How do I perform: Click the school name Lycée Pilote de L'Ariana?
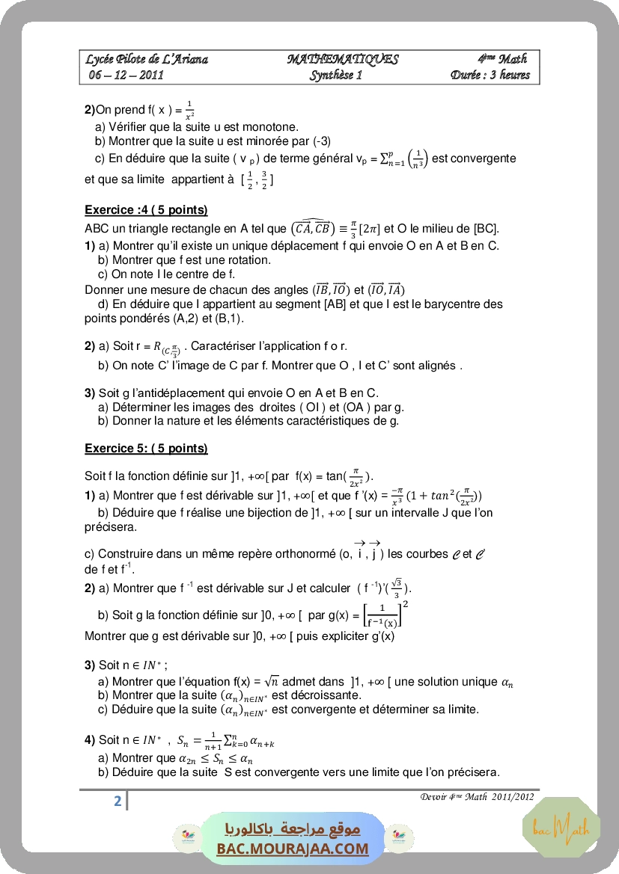[x=147, y=59]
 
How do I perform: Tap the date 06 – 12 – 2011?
[x=126, y=75]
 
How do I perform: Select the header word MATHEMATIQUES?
[x=342, y=59]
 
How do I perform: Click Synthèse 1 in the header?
[x=336, y=75]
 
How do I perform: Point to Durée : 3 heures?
[x=490, y=75]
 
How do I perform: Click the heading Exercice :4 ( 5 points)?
[x=146, y=210]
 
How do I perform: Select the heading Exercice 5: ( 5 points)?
[x=146, y=449]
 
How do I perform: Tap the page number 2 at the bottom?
[x=118, y=801]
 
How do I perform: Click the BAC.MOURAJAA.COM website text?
[x=293, y=848]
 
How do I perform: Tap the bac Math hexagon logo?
[x=561, y=826]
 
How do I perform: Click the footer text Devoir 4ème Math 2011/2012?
[x=477, y=796]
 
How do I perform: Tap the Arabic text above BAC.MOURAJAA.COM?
[x=293, y=830]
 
